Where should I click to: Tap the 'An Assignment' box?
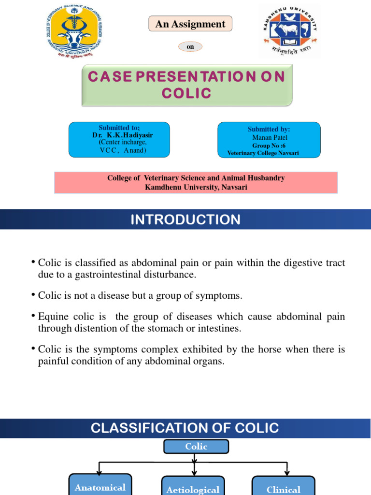[x=190, y=24]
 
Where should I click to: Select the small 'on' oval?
[x=190, y=47]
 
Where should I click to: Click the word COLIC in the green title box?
[x=186, y=93]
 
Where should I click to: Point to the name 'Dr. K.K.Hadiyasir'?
[x=122, y=135]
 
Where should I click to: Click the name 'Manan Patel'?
[x=269, y=137]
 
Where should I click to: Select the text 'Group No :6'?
[x=269, y=146]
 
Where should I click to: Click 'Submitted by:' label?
[x=269, y=129]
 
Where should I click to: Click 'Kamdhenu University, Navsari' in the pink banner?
[x=196, y=187]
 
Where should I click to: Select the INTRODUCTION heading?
[x=185, y=220]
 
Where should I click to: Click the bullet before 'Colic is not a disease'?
[x=33, y=294]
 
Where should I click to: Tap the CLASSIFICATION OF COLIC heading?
[x=185, y=428]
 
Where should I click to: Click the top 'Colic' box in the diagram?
[x=196, y=447]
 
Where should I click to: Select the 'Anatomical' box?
[x=100, y=486]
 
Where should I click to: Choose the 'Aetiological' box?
[x=193, y=488]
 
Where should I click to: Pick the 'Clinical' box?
[x=284, y=488]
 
